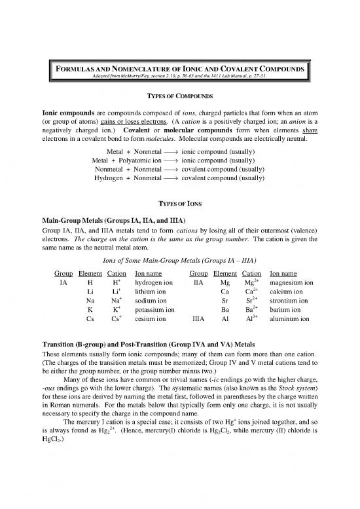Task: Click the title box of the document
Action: [179, 69]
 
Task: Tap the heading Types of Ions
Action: [179, 204]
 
